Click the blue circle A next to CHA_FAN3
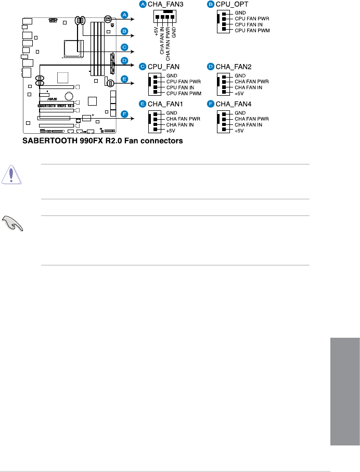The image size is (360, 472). (x=142, y=4)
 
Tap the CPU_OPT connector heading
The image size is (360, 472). (x=230, y=4)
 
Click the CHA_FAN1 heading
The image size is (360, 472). (x=164, y=104)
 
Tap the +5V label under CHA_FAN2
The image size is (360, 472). (x=239, y=93)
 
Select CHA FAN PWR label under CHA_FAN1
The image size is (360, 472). (x=183, y=119)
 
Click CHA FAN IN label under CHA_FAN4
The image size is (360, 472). (x=250, y=125)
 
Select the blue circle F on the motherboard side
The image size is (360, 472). (x=124, y=113)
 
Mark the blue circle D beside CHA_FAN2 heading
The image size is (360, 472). (x=211, y=66)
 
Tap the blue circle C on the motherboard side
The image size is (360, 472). (x=124, y=47)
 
